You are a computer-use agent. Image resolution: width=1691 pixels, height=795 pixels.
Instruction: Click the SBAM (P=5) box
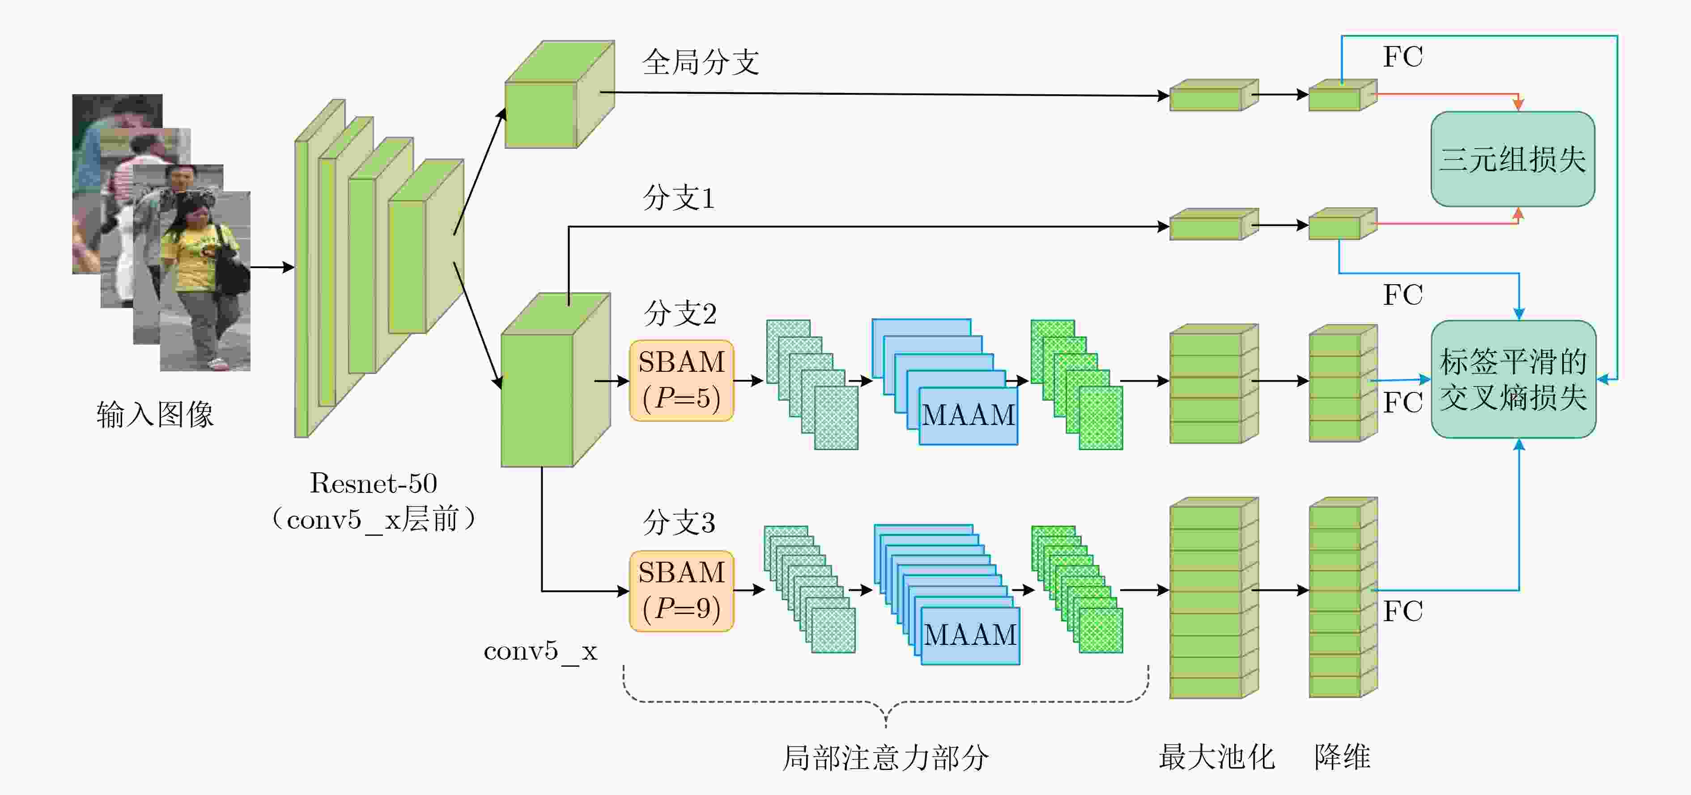click(681, 380)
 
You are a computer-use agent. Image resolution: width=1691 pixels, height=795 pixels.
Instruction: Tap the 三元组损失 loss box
click(1513, 159)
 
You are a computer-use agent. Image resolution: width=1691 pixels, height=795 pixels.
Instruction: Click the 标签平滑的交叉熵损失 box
click(1513, 379)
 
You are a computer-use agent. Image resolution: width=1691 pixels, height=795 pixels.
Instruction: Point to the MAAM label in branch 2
click(968, 415)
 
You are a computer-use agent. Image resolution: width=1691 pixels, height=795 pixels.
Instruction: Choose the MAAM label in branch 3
click(970, 635)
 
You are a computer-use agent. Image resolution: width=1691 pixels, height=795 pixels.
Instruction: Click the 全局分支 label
click(701, 62)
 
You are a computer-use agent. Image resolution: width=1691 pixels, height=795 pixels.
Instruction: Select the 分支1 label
click(678, 198)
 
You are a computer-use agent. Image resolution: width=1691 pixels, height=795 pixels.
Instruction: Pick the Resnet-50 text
click(373, 484)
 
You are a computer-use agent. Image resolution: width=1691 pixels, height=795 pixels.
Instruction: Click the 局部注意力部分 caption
click(886, 757)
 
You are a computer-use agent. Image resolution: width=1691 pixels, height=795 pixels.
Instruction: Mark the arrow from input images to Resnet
click(272, 267)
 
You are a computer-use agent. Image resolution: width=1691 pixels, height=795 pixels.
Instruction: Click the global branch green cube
click(559, 94)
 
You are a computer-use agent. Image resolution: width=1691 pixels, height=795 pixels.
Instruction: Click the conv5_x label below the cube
click(540, 652)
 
